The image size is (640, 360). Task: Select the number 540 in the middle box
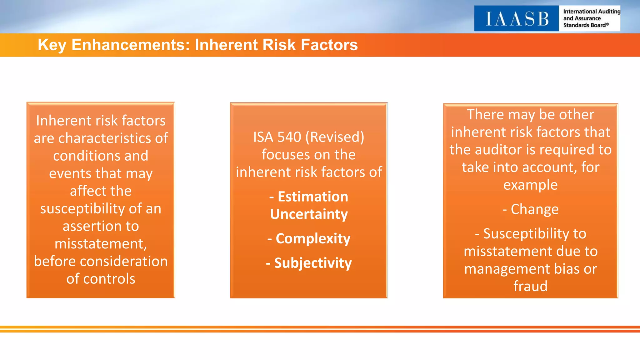289,137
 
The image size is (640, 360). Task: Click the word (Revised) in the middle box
335,137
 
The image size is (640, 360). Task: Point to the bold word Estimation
313,197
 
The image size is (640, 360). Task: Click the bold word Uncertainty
309,214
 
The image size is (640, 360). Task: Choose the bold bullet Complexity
313,239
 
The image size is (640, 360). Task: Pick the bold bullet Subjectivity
313,263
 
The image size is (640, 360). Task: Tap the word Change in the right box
534,209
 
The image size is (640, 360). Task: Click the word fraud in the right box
530,286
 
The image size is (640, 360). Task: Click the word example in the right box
530,185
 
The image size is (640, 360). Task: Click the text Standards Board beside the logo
584,25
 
